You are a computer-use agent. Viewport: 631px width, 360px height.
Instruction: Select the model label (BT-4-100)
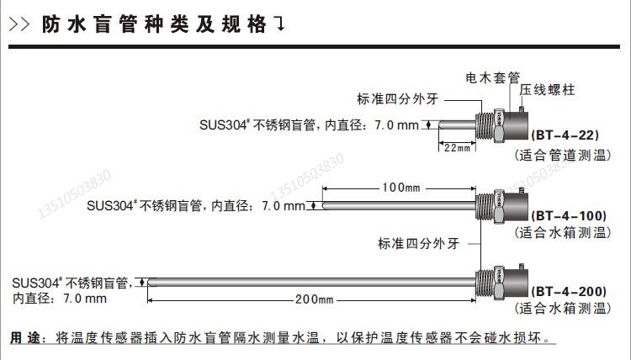pos(570,216)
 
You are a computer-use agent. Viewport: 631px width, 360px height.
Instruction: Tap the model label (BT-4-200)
pos(570,292)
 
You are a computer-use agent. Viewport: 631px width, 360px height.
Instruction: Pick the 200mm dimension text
pos(314,300)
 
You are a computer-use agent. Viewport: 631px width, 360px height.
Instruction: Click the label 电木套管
pos(492,77)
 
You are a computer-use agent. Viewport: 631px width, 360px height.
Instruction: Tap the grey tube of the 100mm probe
pos(395,204)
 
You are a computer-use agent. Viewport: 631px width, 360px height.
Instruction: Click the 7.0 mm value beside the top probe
pos(395,124)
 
